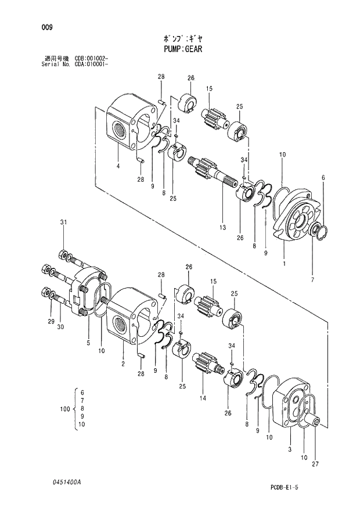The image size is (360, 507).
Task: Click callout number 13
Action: click(222, 228)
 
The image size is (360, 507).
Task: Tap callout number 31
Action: click(64, 222)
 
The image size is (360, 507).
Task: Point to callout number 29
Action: click(51, 321)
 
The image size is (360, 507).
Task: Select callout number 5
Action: click(88, 343)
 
